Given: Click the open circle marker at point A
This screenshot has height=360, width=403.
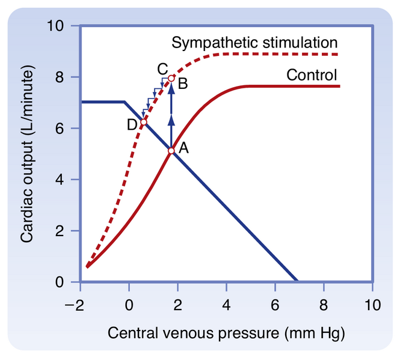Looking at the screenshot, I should (171, 151).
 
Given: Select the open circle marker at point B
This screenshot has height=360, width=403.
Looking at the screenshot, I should (171, 78).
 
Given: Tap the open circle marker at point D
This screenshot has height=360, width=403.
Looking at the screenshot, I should (144, 122).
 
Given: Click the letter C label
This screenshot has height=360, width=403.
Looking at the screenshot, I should (162, 68).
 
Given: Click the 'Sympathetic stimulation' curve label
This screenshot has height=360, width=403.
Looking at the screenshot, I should (253, 43).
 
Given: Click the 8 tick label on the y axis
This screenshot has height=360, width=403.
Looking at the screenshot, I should (61, 78).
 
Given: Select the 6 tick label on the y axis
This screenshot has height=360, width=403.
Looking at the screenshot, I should (61, 129).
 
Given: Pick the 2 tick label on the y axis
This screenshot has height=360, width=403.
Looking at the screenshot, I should (61, 231).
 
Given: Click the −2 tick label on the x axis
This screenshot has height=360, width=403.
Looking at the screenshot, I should (76, 304).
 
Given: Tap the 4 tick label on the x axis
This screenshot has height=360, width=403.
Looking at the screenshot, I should (226, 304).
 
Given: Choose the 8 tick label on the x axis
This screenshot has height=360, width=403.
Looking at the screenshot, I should (324, 304).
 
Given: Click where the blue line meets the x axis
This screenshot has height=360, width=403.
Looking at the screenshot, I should (297, 281).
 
